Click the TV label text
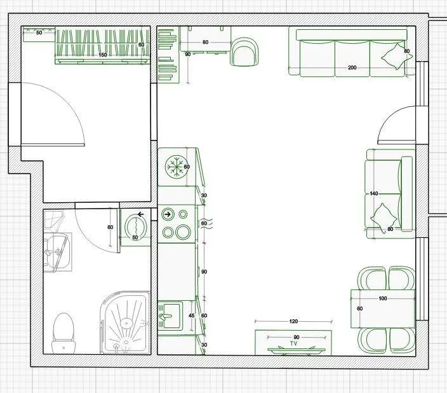(293, 343)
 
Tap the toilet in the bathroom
(63, 333)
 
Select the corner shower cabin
(126, 323)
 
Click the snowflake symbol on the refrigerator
(175, 166)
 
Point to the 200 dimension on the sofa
(352, 67)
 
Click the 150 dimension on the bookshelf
(103, 55)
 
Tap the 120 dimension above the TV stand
(293, 321)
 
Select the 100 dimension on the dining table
(383, 298)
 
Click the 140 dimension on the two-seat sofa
(374, 193)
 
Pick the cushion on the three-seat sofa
(397, 56)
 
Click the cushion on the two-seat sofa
(384, 217)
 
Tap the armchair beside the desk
(244, 52)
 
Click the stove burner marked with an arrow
(168, 214)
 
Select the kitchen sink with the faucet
(170, 316)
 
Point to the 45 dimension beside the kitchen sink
(192, 315)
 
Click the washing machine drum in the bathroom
(136, 225)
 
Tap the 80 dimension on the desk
(205, 42)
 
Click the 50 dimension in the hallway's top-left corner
(39, 32)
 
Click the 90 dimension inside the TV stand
(297, 337)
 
